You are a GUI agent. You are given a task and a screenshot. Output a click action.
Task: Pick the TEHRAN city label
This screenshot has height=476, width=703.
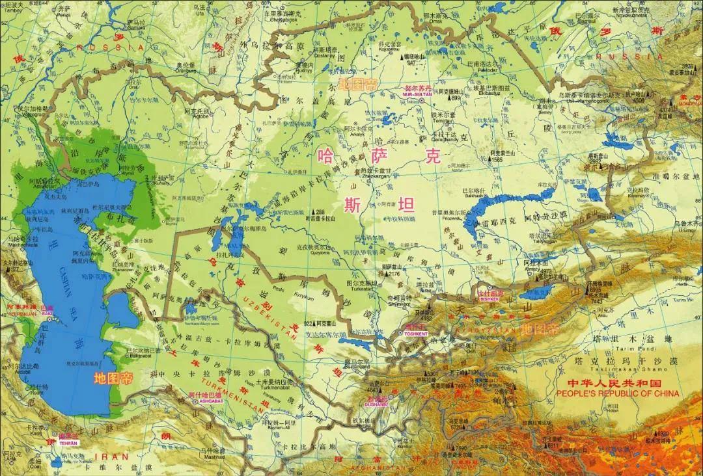[x=68, y=442]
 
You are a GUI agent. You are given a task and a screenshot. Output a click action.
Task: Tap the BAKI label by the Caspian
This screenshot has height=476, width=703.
[x=48, y=313]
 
